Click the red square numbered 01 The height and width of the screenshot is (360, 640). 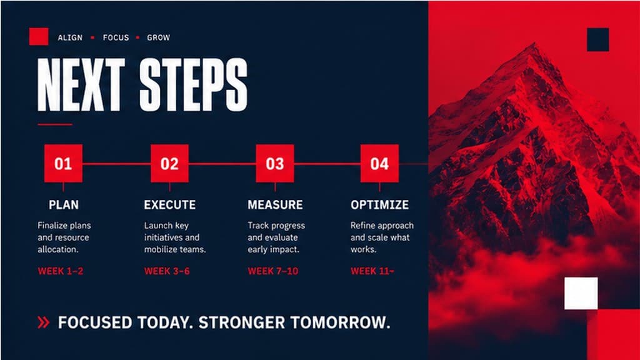click(63, 163)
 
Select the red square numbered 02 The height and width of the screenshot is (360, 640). click(169, 163)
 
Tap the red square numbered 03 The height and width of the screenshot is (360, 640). click(275, 163)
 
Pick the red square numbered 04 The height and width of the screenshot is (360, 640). click(379, 163)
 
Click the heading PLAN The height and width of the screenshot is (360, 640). click(64, 204)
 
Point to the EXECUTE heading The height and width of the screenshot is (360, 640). click(170, 204)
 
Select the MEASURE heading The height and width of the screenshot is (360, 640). click(275, 204)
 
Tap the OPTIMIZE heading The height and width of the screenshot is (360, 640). click(379, 204)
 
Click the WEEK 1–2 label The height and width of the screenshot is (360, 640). click(61, 271)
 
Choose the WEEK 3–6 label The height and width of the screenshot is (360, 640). click(167, 271)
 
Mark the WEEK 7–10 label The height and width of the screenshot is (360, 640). click(273, 271)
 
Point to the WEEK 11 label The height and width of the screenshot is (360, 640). click(372, 271)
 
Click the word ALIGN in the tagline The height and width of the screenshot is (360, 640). click(70, 37)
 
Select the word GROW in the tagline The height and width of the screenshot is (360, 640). click(158, 37)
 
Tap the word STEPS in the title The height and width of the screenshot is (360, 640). click(194, 84)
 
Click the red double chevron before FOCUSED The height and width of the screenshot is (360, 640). click(43, 322)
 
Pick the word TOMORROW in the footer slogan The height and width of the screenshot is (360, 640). click(341, 322)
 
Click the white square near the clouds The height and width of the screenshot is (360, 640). click(581, 293)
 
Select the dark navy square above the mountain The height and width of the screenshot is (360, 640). click(598, 39)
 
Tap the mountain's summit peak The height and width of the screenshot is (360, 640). click(532, 44)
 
